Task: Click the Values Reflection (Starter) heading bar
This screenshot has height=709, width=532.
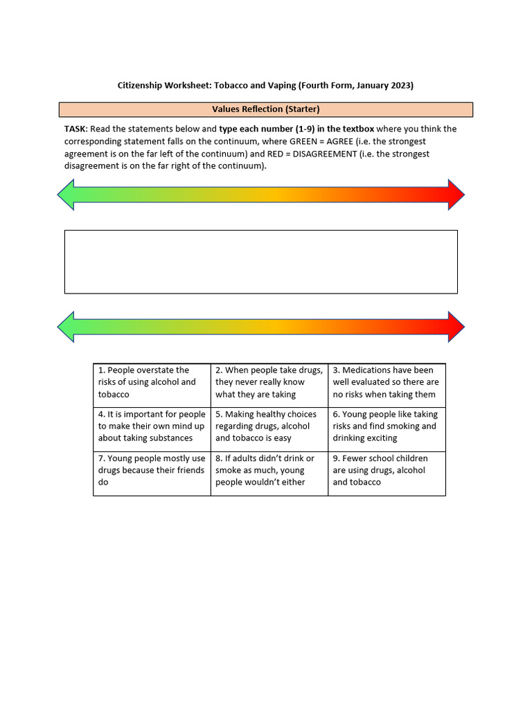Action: coord(266,109)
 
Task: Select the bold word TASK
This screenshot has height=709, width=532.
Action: coord(75,129)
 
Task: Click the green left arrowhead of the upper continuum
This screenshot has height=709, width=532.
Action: coord(67,195)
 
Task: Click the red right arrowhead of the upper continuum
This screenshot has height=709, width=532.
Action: coord(455,195)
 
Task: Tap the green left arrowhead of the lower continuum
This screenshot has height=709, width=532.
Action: coord(67,326)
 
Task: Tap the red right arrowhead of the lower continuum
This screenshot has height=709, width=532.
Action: coord(455,326)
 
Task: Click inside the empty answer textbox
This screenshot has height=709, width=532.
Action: coord(260,262)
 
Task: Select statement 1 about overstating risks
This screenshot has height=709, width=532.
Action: coord(152,382)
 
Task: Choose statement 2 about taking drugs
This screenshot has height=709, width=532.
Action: coord(269,382)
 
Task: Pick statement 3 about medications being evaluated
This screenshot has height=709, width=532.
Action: coord(387,382)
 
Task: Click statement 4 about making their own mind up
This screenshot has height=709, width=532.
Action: coord(152,427)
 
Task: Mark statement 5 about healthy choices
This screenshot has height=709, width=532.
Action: coord(269,427)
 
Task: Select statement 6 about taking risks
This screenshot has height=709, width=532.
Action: coord(387,427)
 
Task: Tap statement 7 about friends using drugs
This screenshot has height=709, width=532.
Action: coord(152,470)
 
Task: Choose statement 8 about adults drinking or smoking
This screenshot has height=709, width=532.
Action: coord(269,470)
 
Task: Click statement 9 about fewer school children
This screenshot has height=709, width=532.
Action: coord(387,470)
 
